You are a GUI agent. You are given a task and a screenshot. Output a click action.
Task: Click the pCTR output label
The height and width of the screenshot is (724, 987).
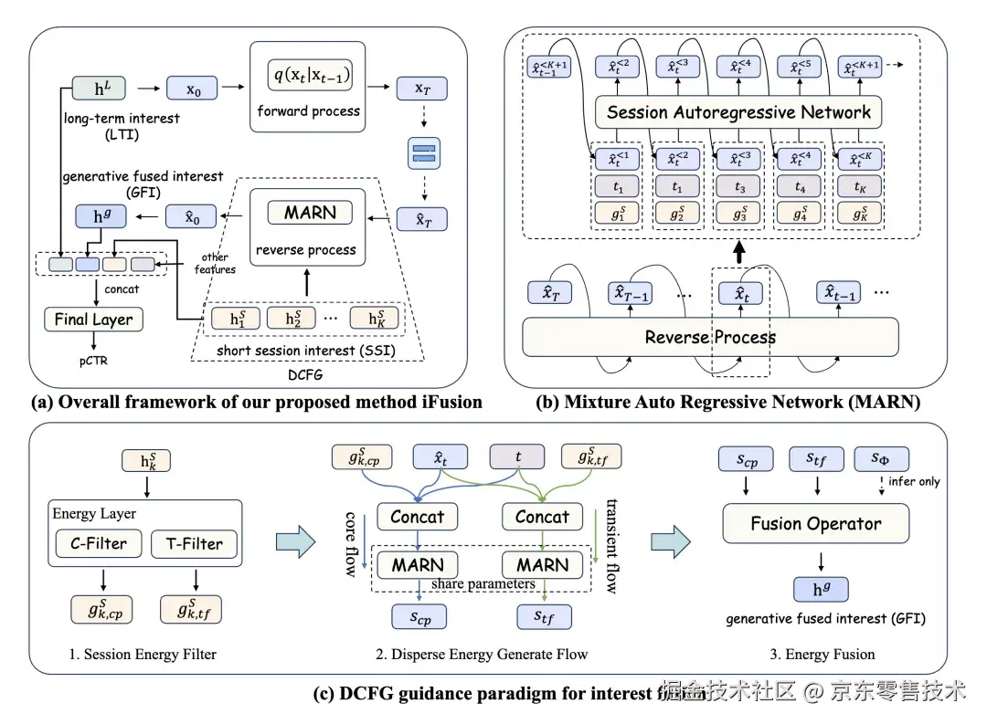[94, 361]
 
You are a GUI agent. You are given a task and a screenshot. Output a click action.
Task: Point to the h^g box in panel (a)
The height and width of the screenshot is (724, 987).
[94, 217]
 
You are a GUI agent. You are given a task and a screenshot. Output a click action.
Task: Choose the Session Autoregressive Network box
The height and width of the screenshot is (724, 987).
[738, 112]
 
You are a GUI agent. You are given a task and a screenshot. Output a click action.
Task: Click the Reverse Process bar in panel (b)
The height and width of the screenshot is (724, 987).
[710, 337]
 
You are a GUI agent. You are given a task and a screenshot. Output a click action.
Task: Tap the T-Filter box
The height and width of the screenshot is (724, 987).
[194, 544]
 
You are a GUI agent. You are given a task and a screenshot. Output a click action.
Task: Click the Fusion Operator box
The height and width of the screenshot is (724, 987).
[815, 524]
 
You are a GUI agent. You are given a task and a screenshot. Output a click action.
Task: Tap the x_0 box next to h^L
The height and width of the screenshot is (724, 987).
[193, 91]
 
